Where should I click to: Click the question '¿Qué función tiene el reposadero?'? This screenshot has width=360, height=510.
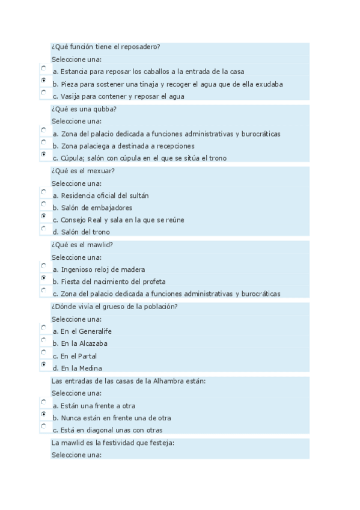(x=105, y=47)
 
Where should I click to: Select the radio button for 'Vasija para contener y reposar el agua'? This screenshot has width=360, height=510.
(x=43, y=93)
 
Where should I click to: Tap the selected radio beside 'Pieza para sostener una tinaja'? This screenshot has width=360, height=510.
(x=43, y=81)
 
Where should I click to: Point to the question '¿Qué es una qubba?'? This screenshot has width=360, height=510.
(x=84, y=109)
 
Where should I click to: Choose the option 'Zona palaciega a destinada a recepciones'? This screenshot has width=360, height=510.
(x=123, y=146)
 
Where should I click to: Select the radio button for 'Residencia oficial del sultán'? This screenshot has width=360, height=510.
(x=43, y=192)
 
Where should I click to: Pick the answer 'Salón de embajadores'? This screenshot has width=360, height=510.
(x=92, y=207)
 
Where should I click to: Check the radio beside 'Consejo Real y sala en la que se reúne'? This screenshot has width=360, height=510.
(x=43, y=216)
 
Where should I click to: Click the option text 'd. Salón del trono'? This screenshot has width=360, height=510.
(x=81, y=232)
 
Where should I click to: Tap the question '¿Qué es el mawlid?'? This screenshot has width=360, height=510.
(x=82, y=245)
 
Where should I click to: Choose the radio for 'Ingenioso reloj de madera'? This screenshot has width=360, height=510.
(x=43, y=266)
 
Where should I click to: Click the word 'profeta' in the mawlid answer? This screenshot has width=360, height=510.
(x=153, y=281)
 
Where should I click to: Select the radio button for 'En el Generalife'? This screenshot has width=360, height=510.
(x=43, y=328)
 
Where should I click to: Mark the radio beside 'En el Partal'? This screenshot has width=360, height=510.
(x=43, y=352)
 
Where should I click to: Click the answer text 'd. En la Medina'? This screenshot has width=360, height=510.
(x=77, y=368)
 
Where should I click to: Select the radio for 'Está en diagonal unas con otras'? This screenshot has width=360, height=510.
(x=43, y=426)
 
